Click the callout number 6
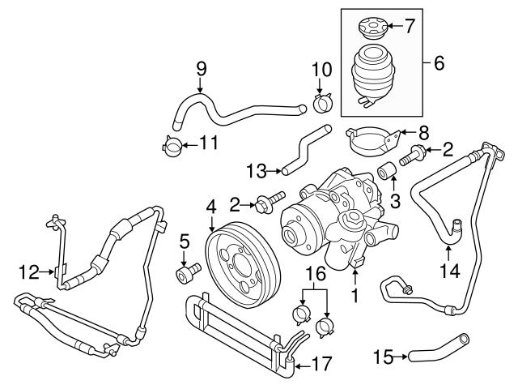pos(439,62)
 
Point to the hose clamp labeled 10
pos(321,102)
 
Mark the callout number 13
pos(257,170)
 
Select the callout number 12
pos(30,272)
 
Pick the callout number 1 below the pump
pos(353,297)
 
